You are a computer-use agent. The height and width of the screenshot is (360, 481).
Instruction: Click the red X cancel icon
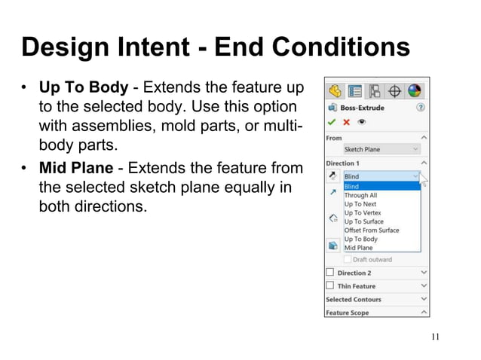click(x=345, y=122)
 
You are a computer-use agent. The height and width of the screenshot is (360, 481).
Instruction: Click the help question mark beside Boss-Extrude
click(x=421, y=108)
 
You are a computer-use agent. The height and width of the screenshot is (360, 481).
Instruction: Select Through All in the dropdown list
click(x=360, y=195)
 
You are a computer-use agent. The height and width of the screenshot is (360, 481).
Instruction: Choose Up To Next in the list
click(x=360, y=204)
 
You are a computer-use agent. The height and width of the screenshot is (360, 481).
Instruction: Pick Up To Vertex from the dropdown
click(x=362, y=213)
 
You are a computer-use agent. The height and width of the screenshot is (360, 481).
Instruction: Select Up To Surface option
click(x=363, y=221)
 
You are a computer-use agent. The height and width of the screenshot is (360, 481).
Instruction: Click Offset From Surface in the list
click(x=371, y=230)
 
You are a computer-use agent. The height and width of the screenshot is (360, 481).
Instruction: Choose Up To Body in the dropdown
click(x=360, y=239)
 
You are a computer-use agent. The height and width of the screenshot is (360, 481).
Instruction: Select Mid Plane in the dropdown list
click(x=358, y=248)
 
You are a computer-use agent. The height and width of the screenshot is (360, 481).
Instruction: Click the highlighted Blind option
click(x=351, y=186)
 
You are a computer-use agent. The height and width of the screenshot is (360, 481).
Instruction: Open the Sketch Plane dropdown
click(x=381, y=149)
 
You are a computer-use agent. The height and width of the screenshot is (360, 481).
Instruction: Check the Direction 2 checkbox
click(x=329, y=273)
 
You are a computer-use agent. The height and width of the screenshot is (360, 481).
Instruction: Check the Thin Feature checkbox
click(x=329, y=286)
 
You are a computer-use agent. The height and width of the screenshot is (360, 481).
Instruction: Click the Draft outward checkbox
click(x=348, y=260)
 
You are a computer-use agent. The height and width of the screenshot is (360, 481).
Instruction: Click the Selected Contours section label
click(x=353, y=300)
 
